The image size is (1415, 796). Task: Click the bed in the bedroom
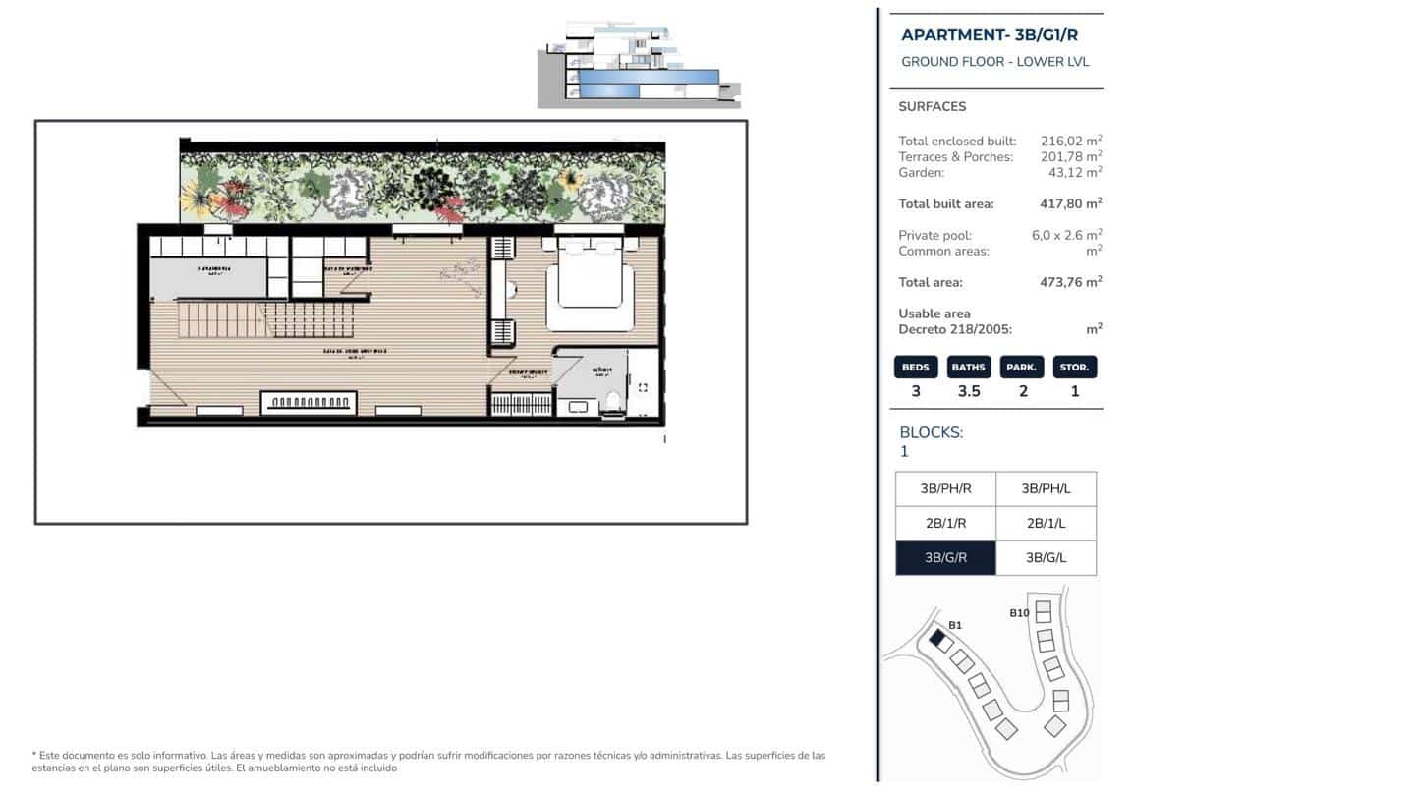pos(590,285)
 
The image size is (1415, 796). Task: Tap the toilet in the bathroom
pos(613,400)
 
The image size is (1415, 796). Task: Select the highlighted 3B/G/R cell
pos(945,558)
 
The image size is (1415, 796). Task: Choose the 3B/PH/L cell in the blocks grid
pos(1044,488)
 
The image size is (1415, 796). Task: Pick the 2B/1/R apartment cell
pos(945,524)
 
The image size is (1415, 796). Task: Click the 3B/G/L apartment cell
pos(1046,558)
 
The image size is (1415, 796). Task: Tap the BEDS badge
pos(916,367)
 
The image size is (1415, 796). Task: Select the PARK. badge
pos(1022,367)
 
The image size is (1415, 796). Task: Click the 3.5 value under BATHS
pos(969,391)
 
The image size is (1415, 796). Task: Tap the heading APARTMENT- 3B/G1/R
pos(990,35)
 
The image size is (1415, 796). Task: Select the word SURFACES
pos(932,106)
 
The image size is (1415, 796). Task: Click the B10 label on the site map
pos(1019,613)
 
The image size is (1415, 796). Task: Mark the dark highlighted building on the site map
pos(937,639)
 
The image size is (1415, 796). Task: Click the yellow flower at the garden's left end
pos(196,202)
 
